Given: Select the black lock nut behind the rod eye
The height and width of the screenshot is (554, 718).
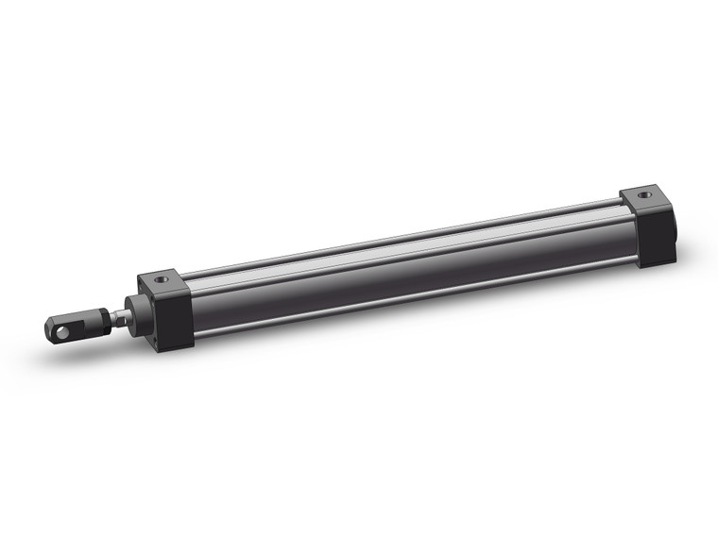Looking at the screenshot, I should click(x=97, y=320).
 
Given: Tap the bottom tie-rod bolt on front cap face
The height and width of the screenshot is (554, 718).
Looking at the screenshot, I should click(x=151, y=336).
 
